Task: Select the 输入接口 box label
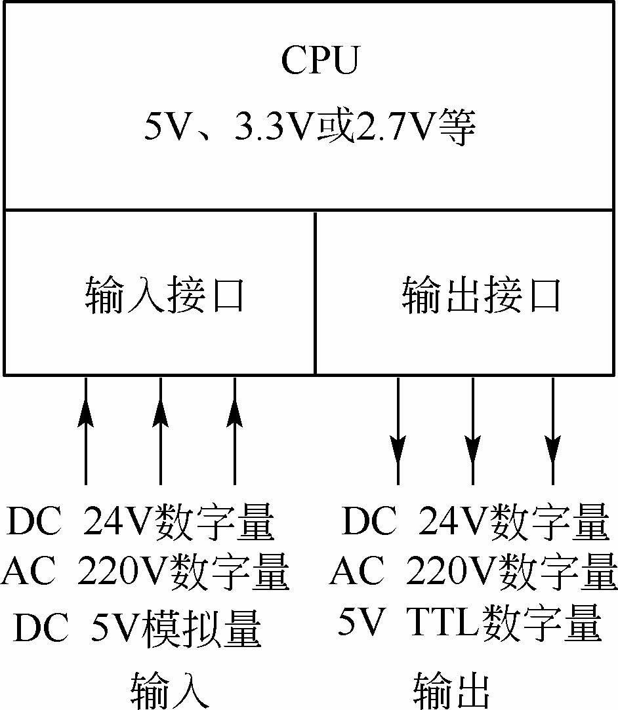165,295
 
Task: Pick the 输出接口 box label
481,295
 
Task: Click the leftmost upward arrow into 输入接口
86,431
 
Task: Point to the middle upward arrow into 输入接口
160,431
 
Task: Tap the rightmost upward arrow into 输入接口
234,431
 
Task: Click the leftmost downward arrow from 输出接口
398,431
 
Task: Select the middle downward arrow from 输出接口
472,431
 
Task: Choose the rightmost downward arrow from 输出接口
552,431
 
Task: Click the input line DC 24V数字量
141,521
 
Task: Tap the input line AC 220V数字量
145,571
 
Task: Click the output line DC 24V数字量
476,521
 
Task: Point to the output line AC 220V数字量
474,571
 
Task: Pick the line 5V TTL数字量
470,622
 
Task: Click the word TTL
443,622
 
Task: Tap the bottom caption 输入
171,690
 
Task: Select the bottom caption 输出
452,690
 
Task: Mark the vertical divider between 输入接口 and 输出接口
315,292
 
